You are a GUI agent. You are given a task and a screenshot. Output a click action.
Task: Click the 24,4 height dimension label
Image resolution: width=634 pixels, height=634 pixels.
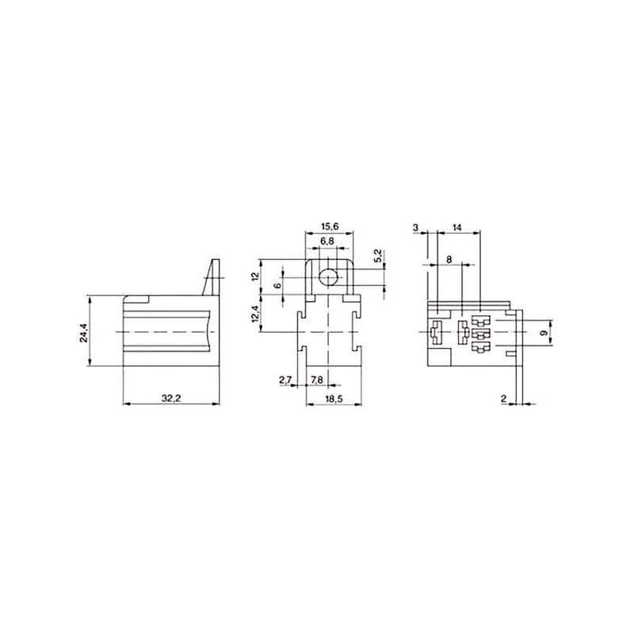coord(84,331)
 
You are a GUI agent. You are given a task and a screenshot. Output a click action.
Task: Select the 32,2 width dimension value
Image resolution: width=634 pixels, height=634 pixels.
coord(171,399)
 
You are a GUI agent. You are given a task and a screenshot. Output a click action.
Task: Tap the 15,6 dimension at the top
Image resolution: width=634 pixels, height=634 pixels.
coord(329,227)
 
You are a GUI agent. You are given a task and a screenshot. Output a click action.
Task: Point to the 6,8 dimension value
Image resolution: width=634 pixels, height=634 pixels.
coord(327,241)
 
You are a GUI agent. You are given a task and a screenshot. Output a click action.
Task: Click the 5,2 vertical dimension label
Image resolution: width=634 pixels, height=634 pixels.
coord(378,254)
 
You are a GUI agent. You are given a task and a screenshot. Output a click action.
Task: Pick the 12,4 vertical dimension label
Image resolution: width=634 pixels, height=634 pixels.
coord(254,314)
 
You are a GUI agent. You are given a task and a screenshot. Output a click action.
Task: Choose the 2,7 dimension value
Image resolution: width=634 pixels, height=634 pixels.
coord(285,380)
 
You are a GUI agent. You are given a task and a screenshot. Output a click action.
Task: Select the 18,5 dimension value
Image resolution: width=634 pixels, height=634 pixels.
coord(333,399)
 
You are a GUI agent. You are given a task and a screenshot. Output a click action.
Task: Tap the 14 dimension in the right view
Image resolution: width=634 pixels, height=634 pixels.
coord(457,227)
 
